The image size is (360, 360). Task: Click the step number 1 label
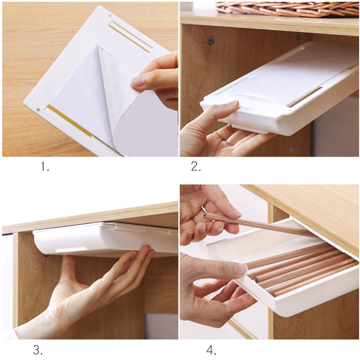pyautogui.click(x=45, y=166)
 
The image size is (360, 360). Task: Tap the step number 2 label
pyautogui.click(x=196, y=166)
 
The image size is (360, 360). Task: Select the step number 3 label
pyautogui.click(x=38, y=350)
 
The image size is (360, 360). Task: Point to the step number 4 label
pyautogui.click(x=211, y=350)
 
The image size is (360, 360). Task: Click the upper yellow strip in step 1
pyautogui.click(x=130, y=37)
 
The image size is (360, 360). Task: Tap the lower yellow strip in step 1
pyautogui.click(x=69, y=121)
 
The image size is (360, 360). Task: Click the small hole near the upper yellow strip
pyautogui.click(x=110, y=16)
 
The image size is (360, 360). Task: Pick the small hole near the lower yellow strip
pyautogui.click(x=38, y=110)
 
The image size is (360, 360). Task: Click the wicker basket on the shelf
pyautogui.click(x=288, y=9)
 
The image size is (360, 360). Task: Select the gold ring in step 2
pyautogui.click(x=220, y=136)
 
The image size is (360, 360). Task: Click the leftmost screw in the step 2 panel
pyautogui.click(x=210, y=41)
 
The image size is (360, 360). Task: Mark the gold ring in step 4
pyautogui.click(x=206, y=203)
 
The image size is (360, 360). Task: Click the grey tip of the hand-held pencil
pyautogui.click(x=205, y=216)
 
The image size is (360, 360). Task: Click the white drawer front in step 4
pyautogui.click(x=298, y=296)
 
